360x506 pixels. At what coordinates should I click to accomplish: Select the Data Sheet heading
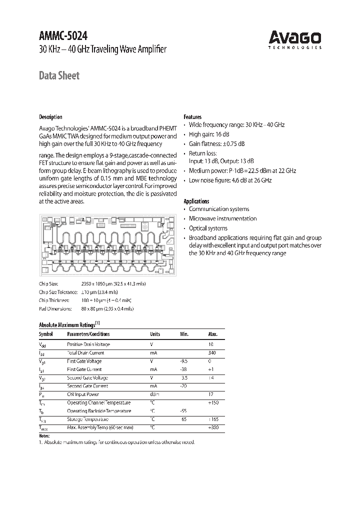tap(59, 76)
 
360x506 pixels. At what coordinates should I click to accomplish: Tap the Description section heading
tap(50, 117)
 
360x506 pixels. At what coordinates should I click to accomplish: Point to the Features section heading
tap(192, 116)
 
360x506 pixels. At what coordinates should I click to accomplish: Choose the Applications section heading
tap(196, 201)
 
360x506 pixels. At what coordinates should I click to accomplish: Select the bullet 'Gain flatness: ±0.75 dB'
tap(216, 144)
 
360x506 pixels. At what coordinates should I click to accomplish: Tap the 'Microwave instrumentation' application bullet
tap(222, 218)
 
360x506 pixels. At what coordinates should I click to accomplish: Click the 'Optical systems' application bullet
tap(208, 228)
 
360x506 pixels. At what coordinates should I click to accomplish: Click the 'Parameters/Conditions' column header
tap(88, 334)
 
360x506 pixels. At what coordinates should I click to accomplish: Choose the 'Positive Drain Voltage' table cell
tap(88, 344)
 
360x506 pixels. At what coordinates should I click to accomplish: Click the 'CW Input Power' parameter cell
tap(83, 394)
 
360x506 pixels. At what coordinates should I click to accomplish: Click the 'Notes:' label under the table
tap(45, 436)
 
